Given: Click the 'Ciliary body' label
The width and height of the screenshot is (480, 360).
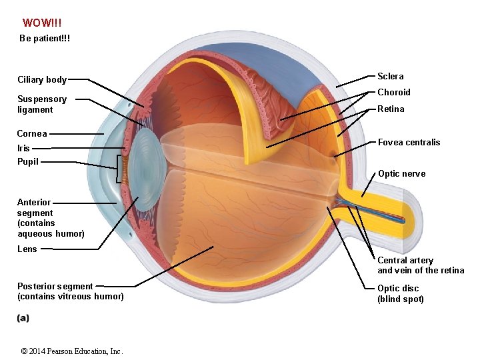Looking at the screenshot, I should point(42,80).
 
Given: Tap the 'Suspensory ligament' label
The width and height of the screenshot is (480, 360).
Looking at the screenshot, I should point(42,104).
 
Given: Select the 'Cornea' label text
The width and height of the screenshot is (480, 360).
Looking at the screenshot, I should point(32,133).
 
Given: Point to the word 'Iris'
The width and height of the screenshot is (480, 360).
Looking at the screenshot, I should point(23,148).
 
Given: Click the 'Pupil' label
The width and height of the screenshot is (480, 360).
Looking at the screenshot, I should point(28,161).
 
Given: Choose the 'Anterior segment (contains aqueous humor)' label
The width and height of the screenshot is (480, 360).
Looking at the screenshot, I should point(51,218).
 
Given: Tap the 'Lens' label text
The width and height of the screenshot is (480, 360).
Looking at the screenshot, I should point(27,249).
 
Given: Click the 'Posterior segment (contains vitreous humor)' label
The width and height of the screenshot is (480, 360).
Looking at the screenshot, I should point(71,291).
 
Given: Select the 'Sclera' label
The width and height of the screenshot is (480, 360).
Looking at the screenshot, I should point(391,76).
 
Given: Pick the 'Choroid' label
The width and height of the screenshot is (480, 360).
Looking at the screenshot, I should point(394,92).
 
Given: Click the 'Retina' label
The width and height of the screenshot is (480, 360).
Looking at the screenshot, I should point(391,109).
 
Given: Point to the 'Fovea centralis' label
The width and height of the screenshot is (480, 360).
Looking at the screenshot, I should point(409,142).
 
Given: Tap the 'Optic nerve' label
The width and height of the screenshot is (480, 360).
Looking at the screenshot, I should point(401,173).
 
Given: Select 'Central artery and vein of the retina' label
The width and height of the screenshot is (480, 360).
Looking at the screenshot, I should point(421,265).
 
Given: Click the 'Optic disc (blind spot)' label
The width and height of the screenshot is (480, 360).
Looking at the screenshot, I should point(401,293).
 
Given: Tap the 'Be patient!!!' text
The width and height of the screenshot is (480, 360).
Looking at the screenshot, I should point(45,39).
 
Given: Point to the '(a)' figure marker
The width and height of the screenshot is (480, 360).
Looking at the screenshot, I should point(23,318).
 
